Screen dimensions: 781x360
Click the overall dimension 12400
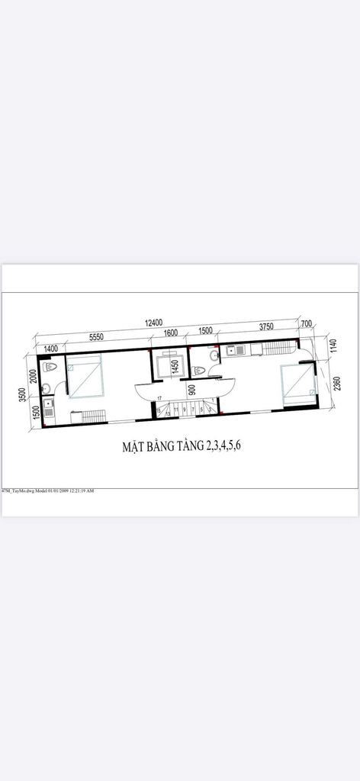pyautogui.click(x=154, y=323)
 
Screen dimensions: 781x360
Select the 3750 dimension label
pyautogui.click(x=266, y=326)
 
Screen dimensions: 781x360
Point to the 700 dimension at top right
pyautogui.click(x=307, y=324)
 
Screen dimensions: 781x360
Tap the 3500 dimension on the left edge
pyautogui.click(x=24, y=394)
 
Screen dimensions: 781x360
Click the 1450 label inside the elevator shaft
pyautogui.click(x=175, y=368)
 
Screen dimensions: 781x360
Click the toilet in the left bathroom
pyautogui.click(x=50, y=367)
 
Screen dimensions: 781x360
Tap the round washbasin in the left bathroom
pyautogui.click(x=47, y=389)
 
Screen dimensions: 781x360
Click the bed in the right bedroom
pyautogui.click(x=297, y=383)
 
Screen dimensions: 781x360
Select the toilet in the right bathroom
pyautogui.click(x=200, y=371)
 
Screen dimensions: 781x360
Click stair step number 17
pyautogui.click(x=159, y=399)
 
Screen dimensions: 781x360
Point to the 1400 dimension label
pyautogui.click(x=51, y=348)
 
